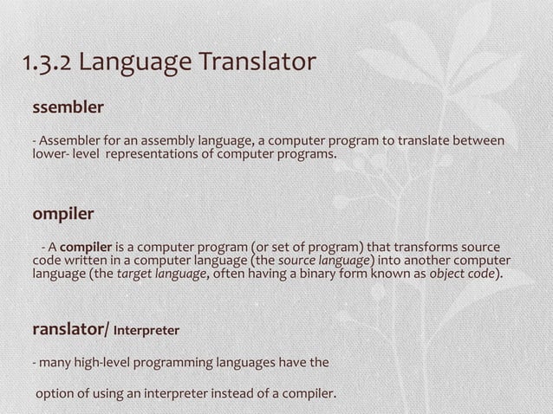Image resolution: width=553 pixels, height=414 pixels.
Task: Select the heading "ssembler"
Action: (x=68, y=108)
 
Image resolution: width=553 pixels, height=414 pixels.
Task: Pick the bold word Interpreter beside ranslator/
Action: (x=146, y=331)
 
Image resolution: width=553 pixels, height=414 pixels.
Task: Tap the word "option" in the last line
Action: (x=55, y=396)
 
